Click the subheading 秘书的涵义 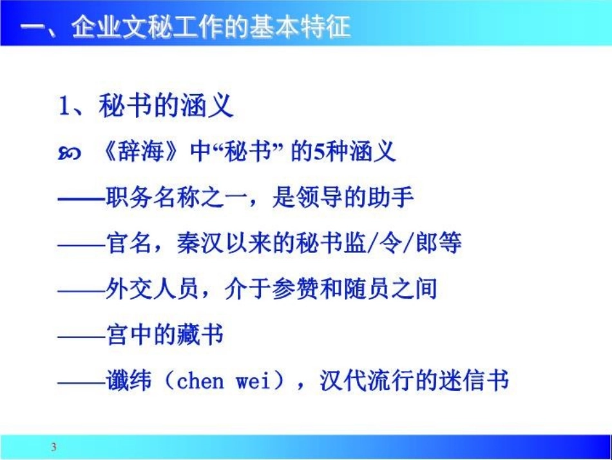pos(166,106)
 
